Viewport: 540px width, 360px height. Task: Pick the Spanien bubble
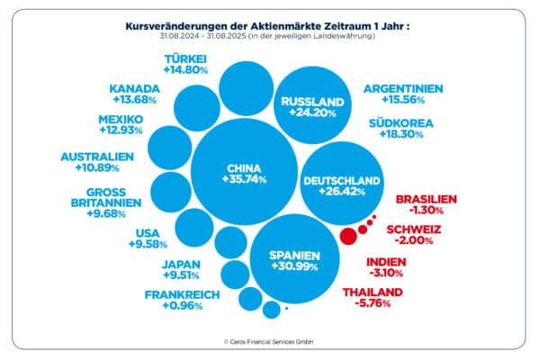(295, 260)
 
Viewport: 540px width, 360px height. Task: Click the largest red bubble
(346, 237)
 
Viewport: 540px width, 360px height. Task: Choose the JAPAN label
(181, 265)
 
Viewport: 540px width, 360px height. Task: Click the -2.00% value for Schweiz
(415, 240)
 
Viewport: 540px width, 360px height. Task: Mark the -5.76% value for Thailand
(373, 304)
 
